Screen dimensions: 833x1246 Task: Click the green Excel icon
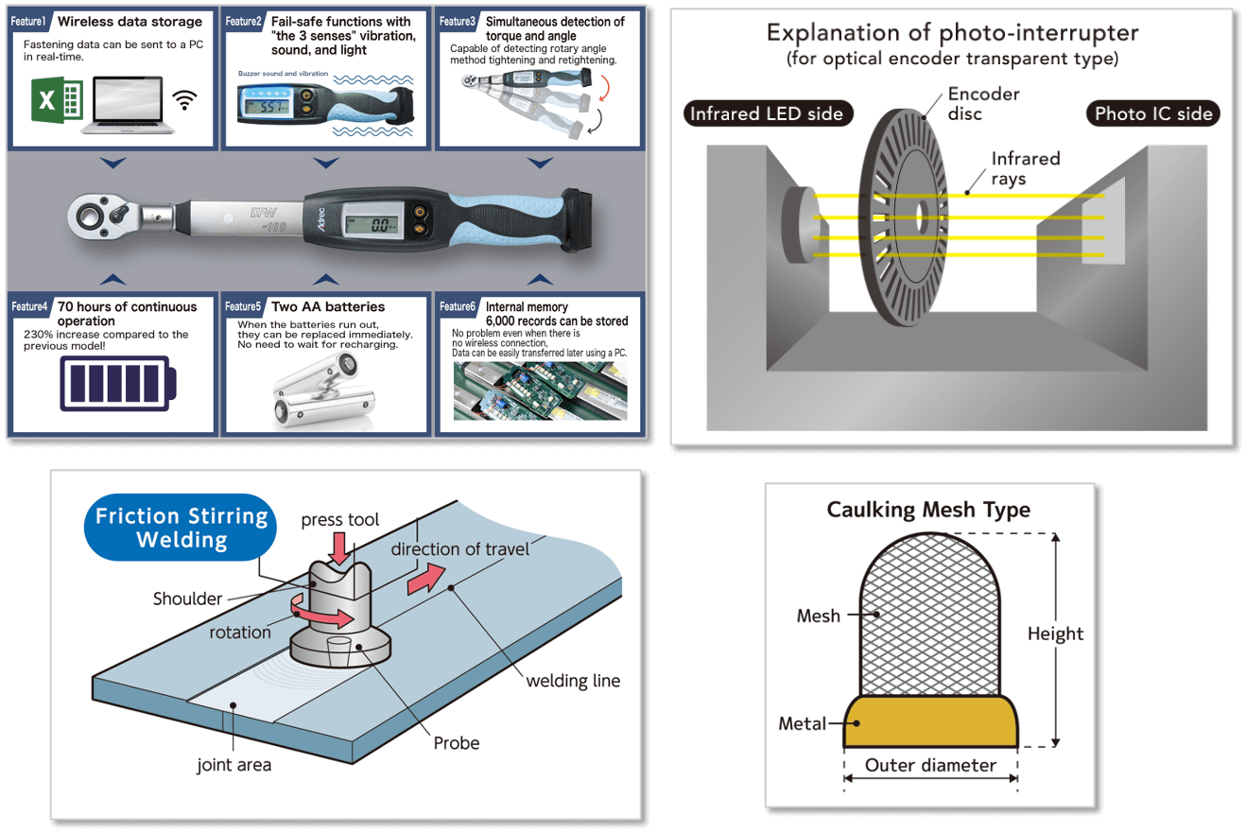pyautogui.click(x=57, y=101)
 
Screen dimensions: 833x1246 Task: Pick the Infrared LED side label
pyautogui.click(x=767, y=114)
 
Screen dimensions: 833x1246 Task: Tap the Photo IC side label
pyautogui.click(x=1152, y=114)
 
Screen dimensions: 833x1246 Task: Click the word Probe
pyautogui.click(x=457, y=743)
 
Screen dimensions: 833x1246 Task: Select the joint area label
pyautogui.click(x=234, y=765)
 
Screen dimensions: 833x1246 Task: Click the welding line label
pyautogui.click(x=573, y=681)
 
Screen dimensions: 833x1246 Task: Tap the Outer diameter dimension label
pyautogui.click(x=930, y=765)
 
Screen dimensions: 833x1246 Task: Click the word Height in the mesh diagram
pyautogui.click(x=1055, y=634)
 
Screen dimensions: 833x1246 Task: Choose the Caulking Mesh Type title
pyautogui.click(x=928, y=511)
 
